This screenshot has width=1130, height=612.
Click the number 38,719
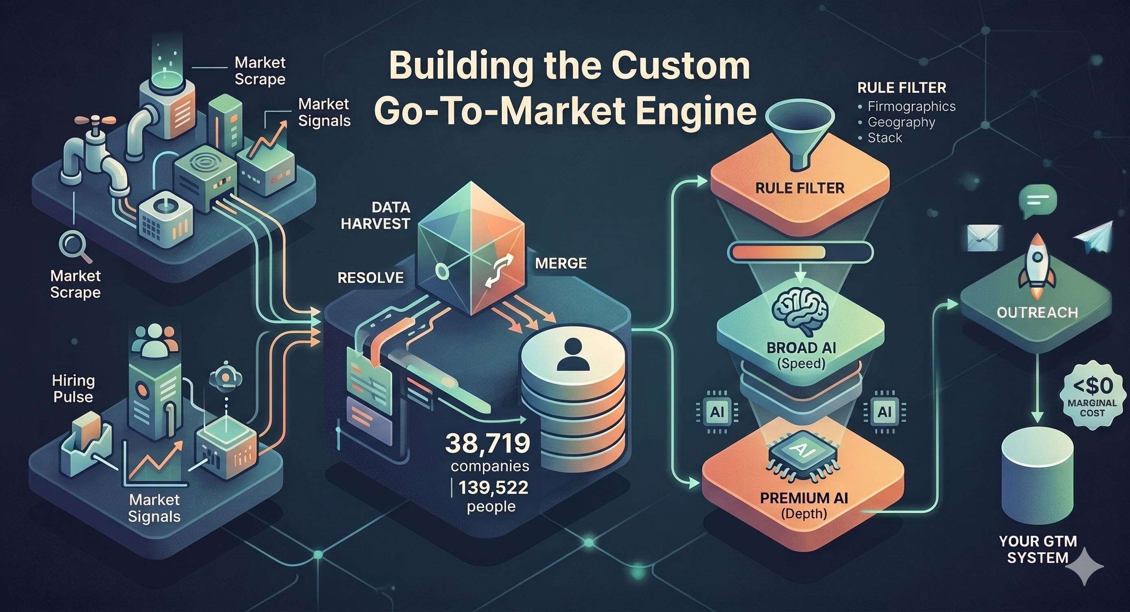(487, 444)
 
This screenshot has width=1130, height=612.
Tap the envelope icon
(984, 238)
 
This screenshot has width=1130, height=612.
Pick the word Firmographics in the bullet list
(912, 106)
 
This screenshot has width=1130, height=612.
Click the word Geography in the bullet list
(901, 122)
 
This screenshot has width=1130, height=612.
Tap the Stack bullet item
(885, 138)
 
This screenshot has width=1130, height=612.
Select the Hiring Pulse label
(73, 389)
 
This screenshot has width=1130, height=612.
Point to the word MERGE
(561, 263)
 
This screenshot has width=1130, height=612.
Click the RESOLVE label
(370, 278)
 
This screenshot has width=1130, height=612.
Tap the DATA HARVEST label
(375, 215)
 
